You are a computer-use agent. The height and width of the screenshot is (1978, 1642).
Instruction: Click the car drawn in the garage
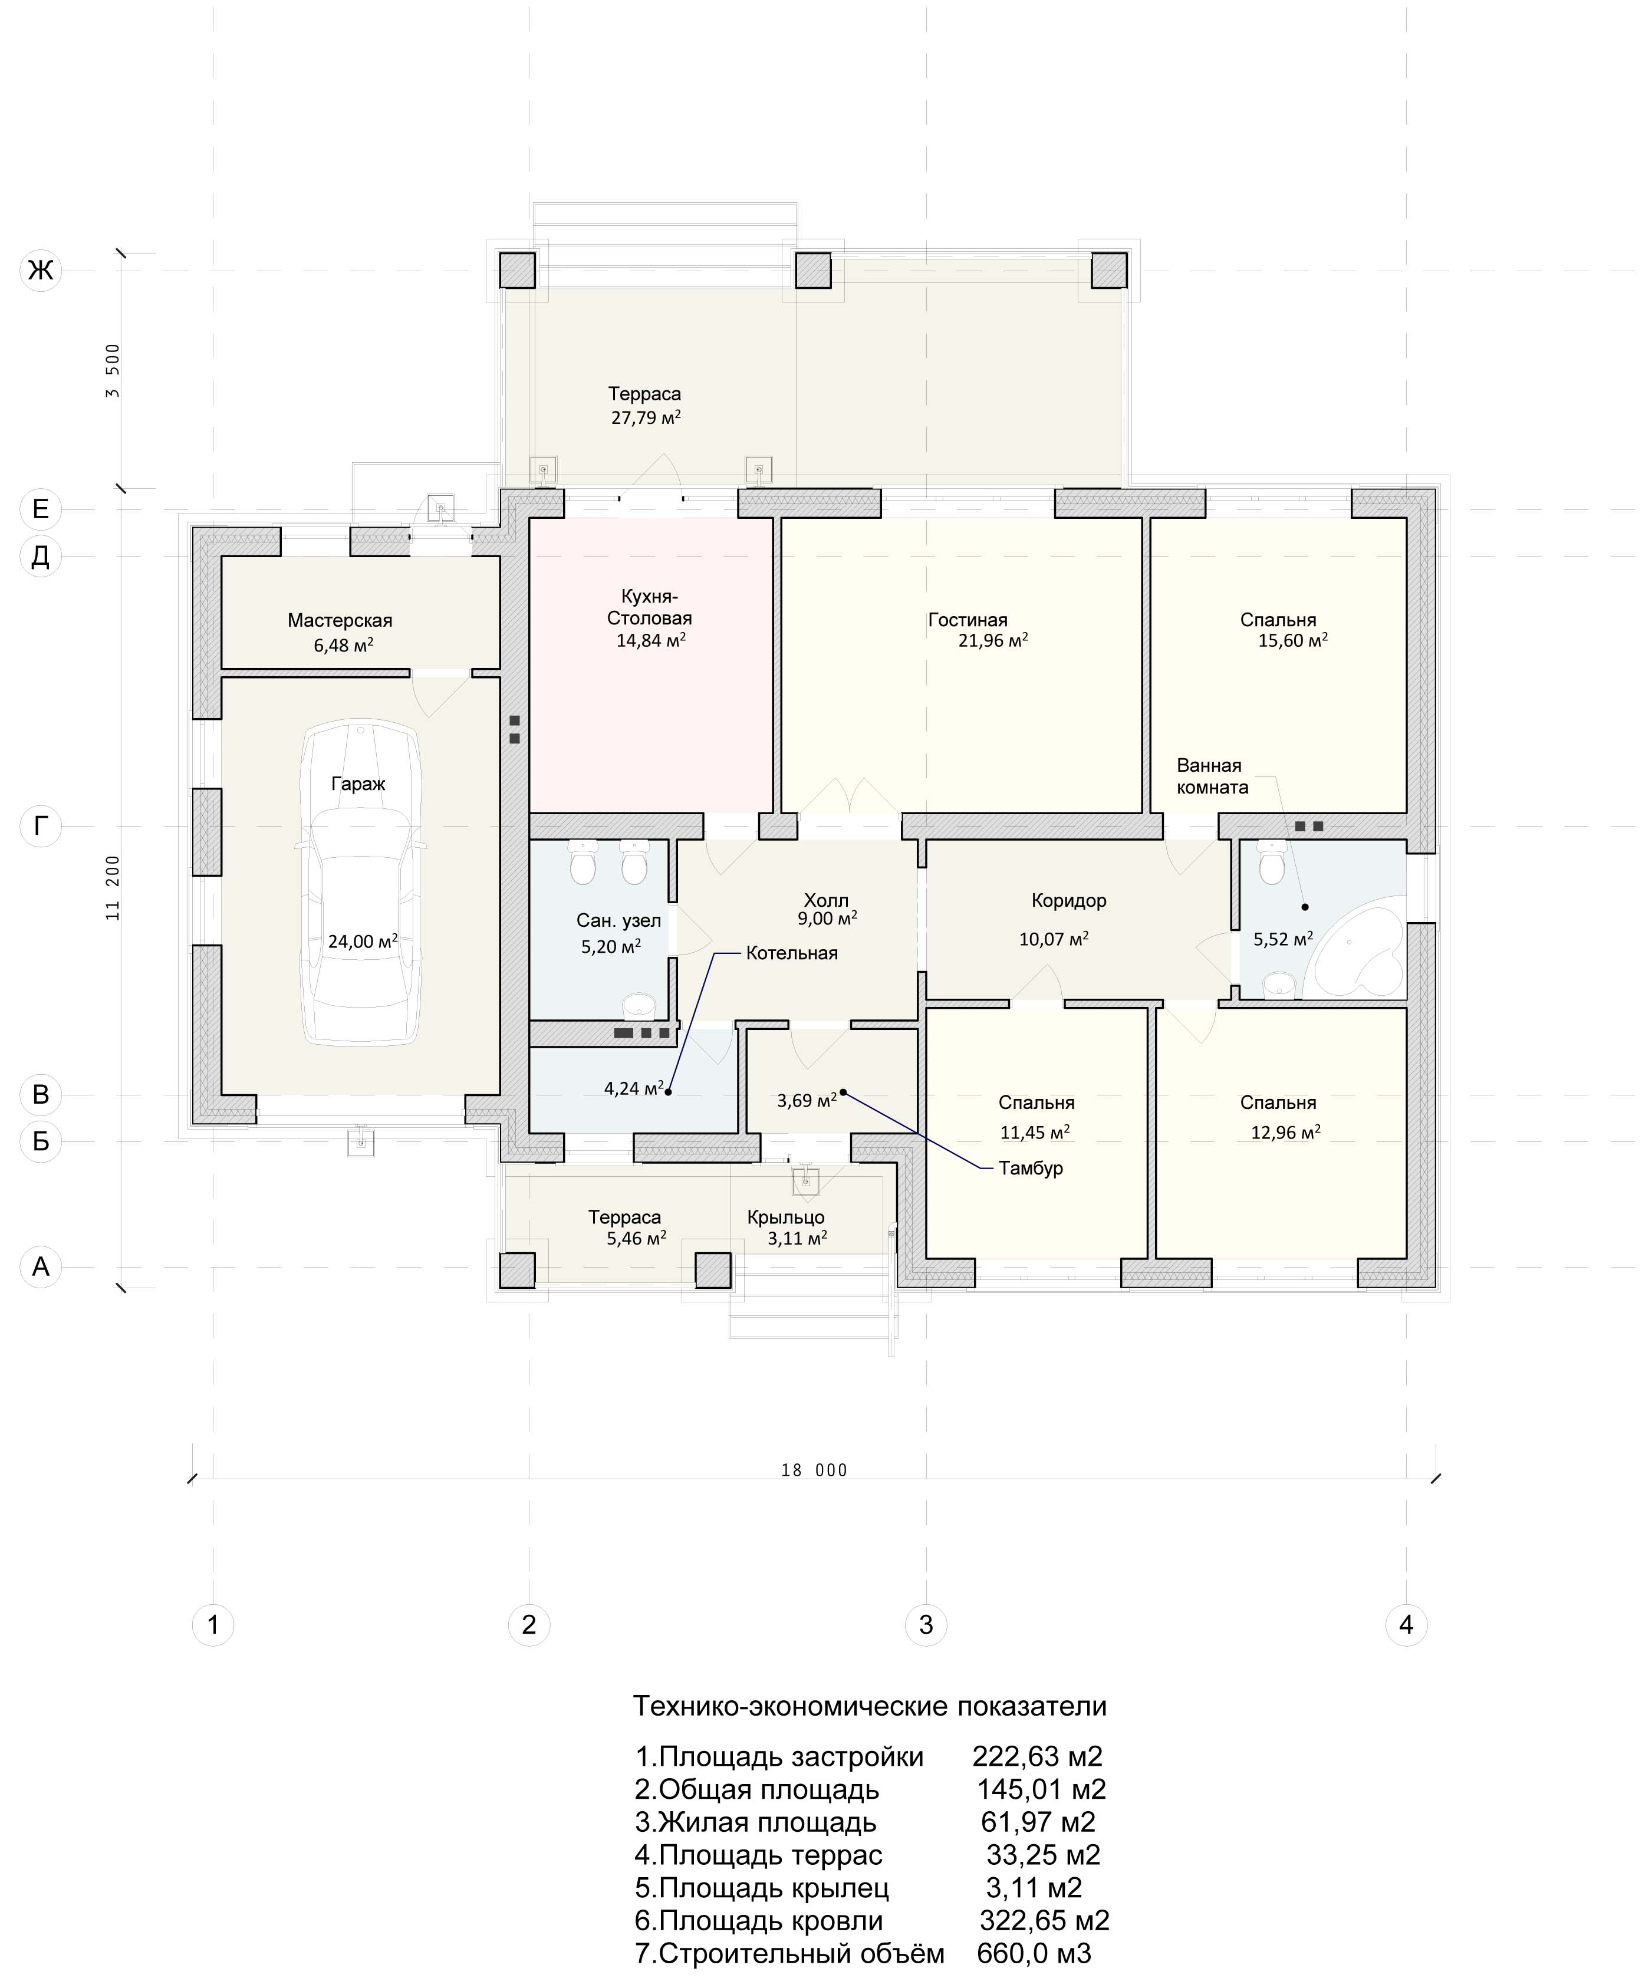pyautogui.click(x=359, y=883)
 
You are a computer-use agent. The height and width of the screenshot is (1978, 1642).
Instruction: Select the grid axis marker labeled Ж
pyautogui.click(x=41, y=271)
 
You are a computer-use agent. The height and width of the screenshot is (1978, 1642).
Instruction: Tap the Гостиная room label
pyautogui.click(x=968, y=620)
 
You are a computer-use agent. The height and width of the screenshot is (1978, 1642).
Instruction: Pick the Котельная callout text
pyautogui.click(x=791, y=953)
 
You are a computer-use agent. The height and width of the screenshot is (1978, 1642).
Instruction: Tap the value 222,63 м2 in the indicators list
pyautogui.click(x=1037, y=1757)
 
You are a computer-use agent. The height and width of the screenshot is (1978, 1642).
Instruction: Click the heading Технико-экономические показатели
pyautogui.click(x=870, y=1706)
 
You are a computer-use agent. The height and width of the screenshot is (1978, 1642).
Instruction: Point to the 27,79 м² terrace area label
pyautogui.click(x=646, y=417)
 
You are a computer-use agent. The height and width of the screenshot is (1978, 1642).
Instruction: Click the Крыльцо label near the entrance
pyautogui.click(x=786, y=1217)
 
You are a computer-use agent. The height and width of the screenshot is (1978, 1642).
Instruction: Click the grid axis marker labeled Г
pyautogui.click(x=41, y=826)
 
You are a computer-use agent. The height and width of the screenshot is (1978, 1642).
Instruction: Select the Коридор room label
pyautogui.click(x=1068, y=900)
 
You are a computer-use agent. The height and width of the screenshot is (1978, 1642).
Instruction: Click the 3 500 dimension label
pyautogui.click(x=113, y=370)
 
